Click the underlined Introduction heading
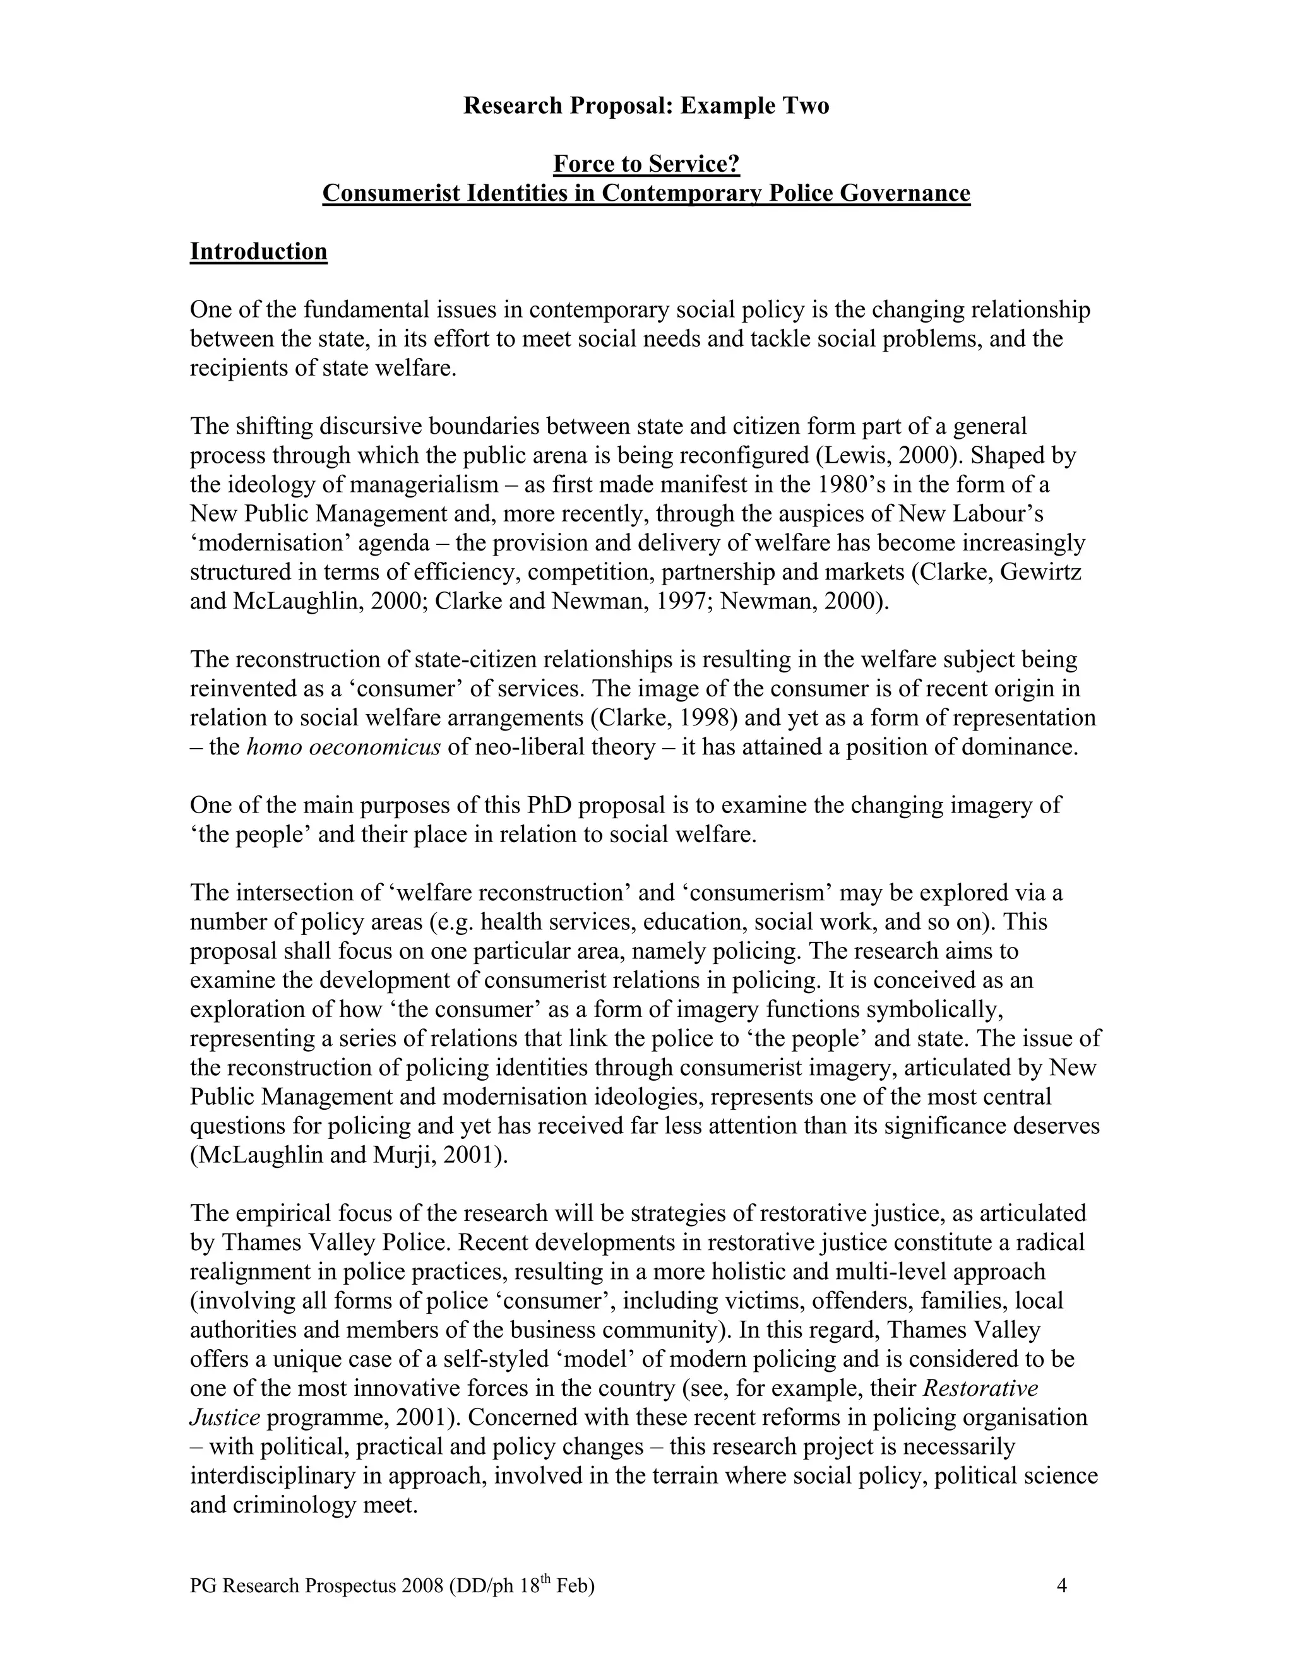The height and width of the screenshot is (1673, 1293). point(258,251)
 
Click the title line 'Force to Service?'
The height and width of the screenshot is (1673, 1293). point(646,164)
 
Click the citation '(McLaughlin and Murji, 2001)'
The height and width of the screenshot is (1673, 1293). point(349,1155)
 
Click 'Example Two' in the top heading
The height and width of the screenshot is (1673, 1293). point(754,105)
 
